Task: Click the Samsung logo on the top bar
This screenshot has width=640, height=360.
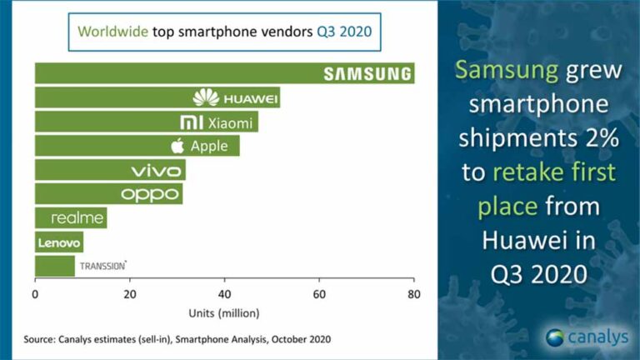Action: coord(367,73)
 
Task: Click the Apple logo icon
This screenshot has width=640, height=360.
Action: coord(177,147)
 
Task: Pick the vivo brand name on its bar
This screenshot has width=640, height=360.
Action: coord(156,171)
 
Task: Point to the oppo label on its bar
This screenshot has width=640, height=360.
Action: coord(150,194)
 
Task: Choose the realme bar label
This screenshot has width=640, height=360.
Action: coord(77,218)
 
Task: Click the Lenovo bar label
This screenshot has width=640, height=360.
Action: coord(58,242)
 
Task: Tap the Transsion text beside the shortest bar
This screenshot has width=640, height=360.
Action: coord(102,267)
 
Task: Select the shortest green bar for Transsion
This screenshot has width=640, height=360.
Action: coord(54,267)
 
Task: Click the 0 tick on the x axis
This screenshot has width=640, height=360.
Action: coord(35,294)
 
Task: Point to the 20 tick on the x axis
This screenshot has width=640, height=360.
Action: coord(129,294)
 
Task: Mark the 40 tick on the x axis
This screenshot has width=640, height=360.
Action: coord(224,294)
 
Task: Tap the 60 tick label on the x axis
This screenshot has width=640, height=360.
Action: coord(318,294)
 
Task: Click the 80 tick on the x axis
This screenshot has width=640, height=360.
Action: coord(412,294)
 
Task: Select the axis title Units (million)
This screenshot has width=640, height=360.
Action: coord(223,312)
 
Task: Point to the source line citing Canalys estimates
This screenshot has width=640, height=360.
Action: coord(177,339)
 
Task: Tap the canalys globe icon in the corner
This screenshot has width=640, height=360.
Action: coord(556,337)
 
